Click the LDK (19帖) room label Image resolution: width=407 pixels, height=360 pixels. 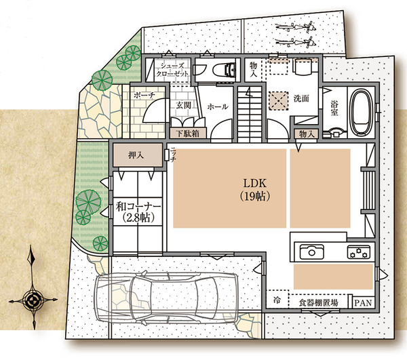[x=255, y=190]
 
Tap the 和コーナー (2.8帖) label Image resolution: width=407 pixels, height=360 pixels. [x=138, y=212]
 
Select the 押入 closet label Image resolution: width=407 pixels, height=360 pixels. [x=136, y=155]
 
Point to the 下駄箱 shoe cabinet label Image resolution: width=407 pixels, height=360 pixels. [x=187, y=134]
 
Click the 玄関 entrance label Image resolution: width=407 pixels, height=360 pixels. [x=184, y=105]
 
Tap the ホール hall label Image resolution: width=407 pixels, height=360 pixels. [x=218, y=106]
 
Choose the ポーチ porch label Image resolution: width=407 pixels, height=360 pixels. [x=144, y=96]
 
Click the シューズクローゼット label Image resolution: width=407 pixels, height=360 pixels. [x=172, y=70]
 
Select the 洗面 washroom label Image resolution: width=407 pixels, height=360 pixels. [x=301, y=98]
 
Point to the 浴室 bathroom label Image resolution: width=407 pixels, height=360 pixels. [x=334, y=108]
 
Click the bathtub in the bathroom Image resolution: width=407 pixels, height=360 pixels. [x=361, y=113]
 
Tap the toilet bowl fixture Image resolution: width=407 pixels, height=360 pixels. [x=224, y=70]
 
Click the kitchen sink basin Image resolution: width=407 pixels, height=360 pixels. [x=312, y=252]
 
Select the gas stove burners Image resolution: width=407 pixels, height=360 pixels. [x=359, y=252]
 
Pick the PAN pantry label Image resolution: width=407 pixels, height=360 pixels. [x=363, y=302]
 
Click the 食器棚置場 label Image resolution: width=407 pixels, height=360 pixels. [x=318, y=302]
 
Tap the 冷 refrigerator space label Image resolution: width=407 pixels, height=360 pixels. [x=277, y=300]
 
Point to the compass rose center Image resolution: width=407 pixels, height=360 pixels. [x=33, y=301]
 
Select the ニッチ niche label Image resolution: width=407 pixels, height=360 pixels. [x=173, y=155]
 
